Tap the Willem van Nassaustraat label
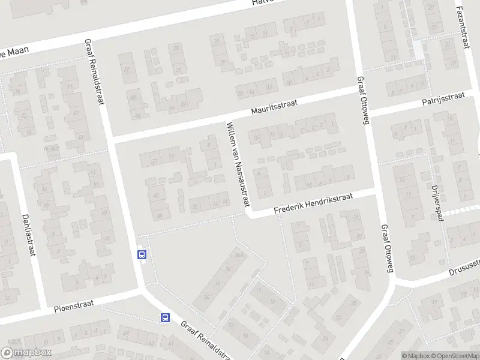coord(237,166)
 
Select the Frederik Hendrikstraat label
coord(314,205)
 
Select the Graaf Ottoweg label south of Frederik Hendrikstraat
coord(386,249)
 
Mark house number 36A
coord(239,254)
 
